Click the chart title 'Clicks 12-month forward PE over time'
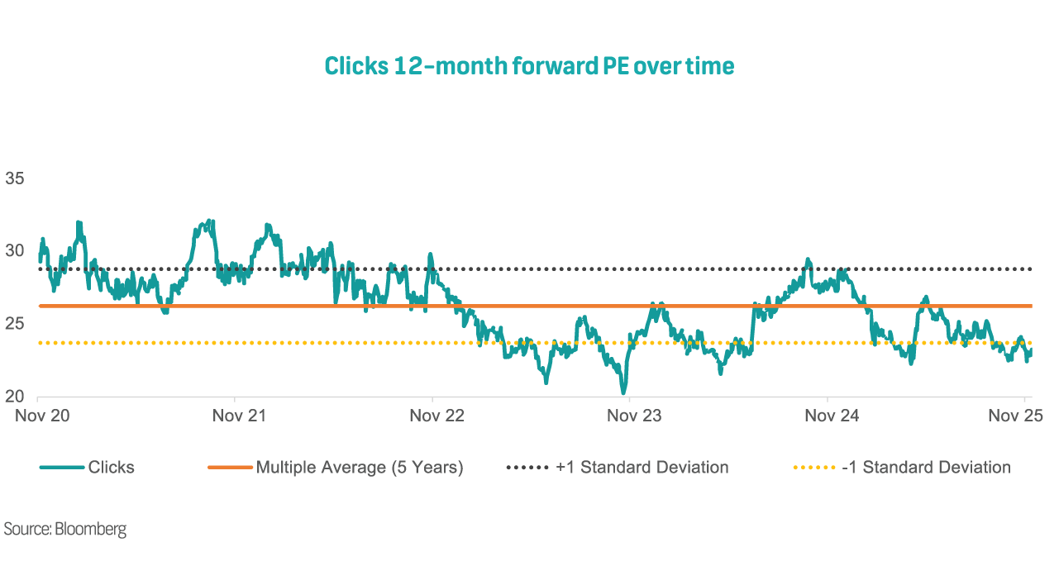tap(529, 65)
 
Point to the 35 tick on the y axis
tap(14, 178)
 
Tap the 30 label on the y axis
tap(14, 250)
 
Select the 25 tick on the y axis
tap(14, 324)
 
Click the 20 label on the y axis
tap(14, 397)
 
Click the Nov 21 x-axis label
tap(239, 416)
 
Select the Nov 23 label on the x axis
tap(634, 416)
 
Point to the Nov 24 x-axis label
tap(832, 416)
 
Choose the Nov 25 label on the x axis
tap(1016, 416)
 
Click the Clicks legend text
tap(111, 468)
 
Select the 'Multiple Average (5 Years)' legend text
tap(360, 468)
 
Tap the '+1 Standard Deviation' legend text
tap(642, 468)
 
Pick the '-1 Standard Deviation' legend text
tap(926, 468)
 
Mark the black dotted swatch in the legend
tap(527, 468)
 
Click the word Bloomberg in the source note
tap(90, 529)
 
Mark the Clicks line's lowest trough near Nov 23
tap(623, 392)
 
